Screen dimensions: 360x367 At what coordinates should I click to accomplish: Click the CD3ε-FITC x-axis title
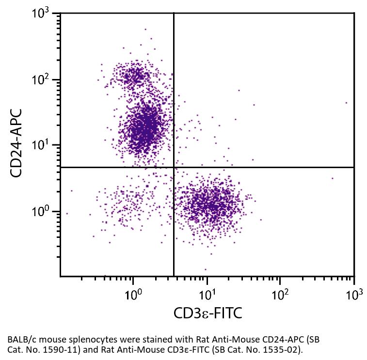(207, 313)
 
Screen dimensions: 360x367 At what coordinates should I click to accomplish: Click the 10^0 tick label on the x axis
(133, 293)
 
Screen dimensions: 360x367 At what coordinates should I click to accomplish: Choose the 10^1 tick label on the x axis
(207, 293)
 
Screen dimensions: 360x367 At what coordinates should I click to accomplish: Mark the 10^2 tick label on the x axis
(280, 293)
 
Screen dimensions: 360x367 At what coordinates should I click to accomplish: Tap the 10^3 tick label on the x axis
(354, 293)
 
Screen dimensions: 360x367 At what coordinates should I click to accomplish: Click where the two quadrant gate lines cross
(174, 167)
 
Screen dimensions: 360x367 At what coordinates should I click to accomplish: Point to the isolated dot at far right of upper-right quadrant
(346, 103)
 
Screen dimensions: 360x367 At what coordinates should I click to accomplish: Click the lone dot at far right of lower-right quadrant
(332, 178)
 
